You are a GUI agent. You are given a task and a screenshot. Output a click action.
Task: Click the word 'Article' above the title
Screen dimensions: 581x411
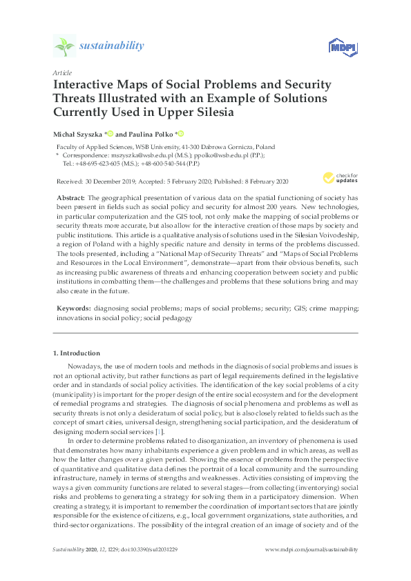click(x=61, y=72)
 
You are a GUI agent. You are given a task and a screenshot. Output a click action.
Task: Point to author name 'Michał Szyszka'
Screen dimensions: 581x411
click(x=78, y=133)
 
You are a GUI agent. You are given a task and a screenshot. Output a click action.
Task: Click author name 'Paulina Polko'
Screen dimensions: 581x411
click(x=151, y=133)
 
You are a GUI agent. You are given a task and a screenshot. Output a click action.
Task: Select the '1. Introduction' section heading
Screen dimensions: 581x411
click(x=76, y=353)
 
